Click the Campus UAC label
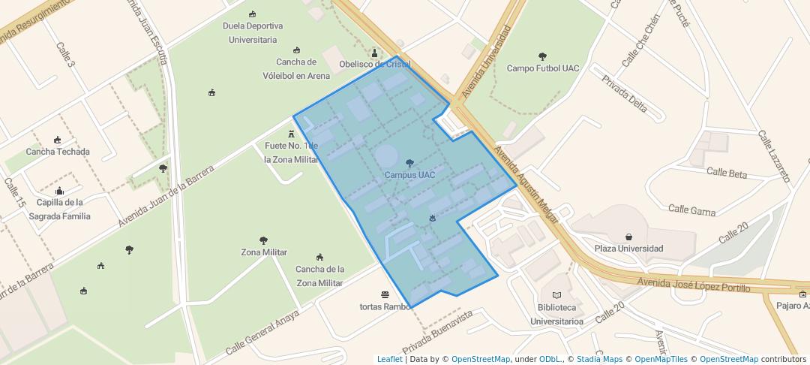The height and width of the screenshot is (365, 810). (409, 175)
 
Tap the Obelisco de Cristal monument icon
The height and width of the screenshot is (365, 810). (375, 53)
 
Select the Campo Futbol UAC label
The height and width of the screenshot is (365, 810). (543, 68)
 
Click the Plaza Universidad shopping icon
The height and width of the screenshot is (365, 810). (628, 237)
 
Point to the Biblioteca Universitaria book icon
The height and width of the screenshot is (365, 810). (556, 295)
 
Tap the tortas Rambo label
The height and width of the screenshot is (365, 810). (385, 306)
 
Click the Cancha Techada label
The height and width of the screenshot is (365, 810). (58, 152)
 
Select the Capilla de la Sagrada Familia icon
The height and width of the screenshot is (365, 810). (59, 191)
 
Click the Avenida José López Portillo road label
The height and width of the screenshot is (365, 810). (694, 285)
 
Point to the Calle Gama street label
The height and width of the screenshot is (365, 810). (691, 211)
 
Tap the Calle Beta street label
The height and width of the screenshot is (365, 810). (727, 173)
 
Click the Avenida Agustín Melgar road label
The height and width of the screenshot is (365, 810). (526, 184)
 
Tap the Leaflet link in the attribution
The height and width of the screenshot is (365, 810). (389, 360)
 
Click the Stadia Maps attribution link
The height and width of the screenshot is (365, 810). (597, 360)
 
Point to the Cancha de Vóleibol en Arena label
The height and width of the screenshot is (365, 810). (296, 69)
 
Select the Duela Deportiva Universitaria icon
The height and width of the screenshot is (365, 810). (253, 14)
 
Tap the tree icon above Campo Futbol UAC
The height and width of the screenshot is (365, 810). (543, 56)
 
